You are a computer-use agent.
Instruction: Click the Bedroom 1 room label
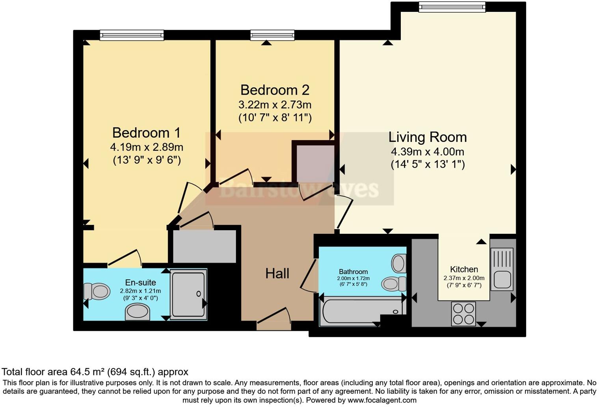[x=146, y=133]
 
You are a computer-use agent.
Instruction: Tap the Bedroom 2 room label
[x=275, y=90]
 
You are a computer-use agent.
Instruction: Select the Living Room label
[x=428, y=137]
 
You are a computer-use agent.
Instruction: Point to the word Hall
[x=277, y=273]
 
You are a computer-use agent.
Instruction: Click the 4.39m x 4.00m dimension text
[x=428, y=152]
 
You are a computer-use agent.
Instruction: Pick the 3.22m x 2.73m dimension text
[x=275, y=105]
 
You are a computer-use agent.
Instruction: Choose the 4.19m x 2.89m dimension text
[x=146, y=147]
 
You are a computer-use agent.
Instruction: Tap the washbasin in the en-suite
[x=138, y=312]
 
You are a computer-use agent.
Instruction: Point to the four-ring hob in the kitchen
[x=463, y=314]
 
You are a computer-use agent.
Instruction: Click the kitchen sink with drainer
[x=502, y=269]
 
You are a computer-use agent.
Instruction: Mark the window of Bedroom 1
[x=132, y=35]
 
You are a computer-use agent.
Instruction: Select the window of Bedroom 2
[x=272, y=35]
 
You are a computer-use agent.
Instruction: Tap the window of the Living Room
[x=452, y=7]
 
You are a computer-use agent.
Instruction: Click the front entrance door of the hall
[x=273, y=325]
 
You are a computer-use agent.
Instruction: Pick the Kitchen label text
[x=464, y=269]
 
